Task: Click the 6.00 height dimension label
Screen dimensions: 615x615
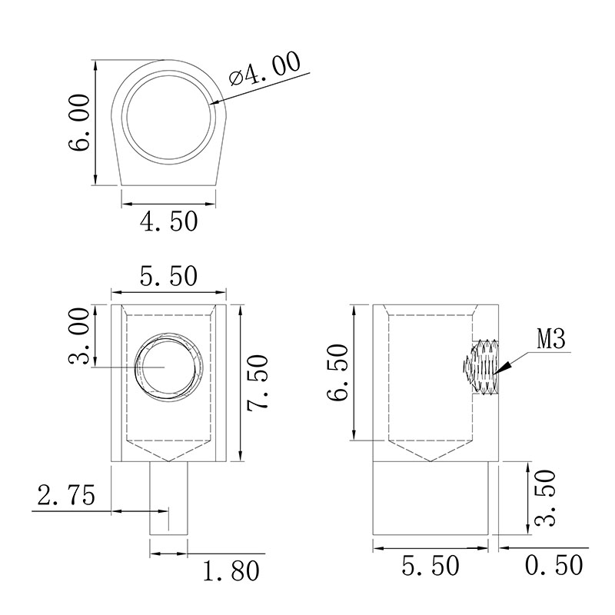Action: [79, 122]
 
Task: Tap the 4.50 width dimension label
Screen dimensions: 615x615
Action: [168, 221]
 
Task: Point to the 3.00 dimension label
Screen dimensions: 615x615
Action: [79, 336]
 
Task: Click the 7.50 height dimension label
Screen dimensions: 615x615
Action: [258, 383]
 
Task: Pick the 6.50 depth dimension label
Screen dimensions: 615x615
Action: [337, 372]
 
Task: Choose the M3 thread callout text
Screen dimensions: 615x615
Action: [551, 339]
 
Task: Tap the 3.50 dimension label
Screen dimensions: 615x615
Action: [545, 497]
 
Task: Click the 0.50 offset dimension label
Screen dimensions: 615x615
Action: [553, 565]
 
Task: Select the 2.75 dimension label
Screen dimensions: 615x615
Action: [66, 495]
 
